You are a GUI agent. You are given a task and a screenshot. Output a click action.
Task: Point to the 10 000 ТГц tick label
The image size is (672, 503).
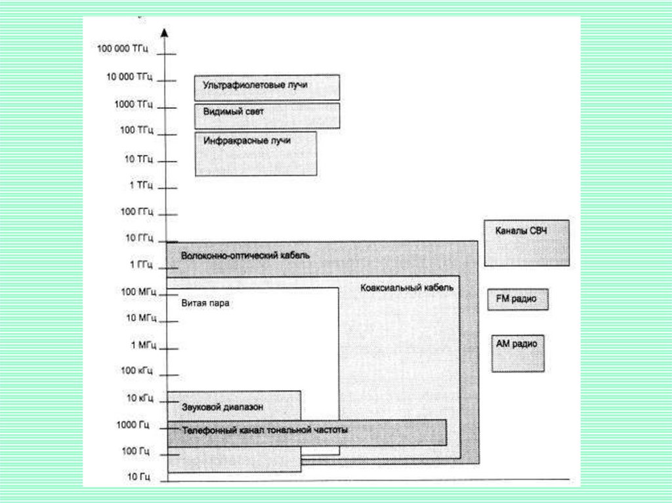[x=129, y=77]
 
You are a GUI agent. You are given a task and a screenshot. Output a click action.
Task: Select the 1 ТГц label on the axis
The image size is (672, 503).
[x=141, y=185]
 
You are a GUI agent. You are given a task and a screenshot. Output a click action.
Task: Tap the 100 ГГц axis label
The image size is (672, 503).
[x=136, y=211]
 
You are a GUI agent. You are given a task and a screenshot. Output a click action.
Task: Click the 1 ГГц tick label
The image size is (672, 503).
[x=140, y=264]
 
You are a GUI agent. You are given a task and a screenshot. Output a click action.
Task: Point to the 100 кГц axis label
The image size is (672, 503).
[x=136, y=371]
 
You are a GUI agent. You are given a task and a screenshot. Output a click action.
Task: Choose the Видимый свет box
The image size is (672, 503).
[x=266, y=115]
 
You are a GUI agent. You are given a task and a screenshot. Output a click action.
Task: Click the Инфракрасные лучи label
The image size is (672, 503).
[x=246, y=141]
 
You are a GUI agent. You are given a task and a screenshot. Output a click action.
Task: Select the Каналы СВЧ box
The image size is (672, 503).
[x=526, y=243]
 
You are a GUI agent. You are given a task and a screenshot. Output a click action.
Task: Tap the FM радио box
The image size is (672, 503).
[x=517, y=299]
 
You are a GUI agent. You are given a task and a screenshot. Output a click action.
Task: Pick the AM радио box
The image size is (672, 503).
[x=518, y=353]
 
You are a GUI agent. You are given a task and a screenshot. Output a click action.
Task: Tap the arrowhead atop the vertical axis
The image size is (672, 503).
[x=165, y=32]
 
